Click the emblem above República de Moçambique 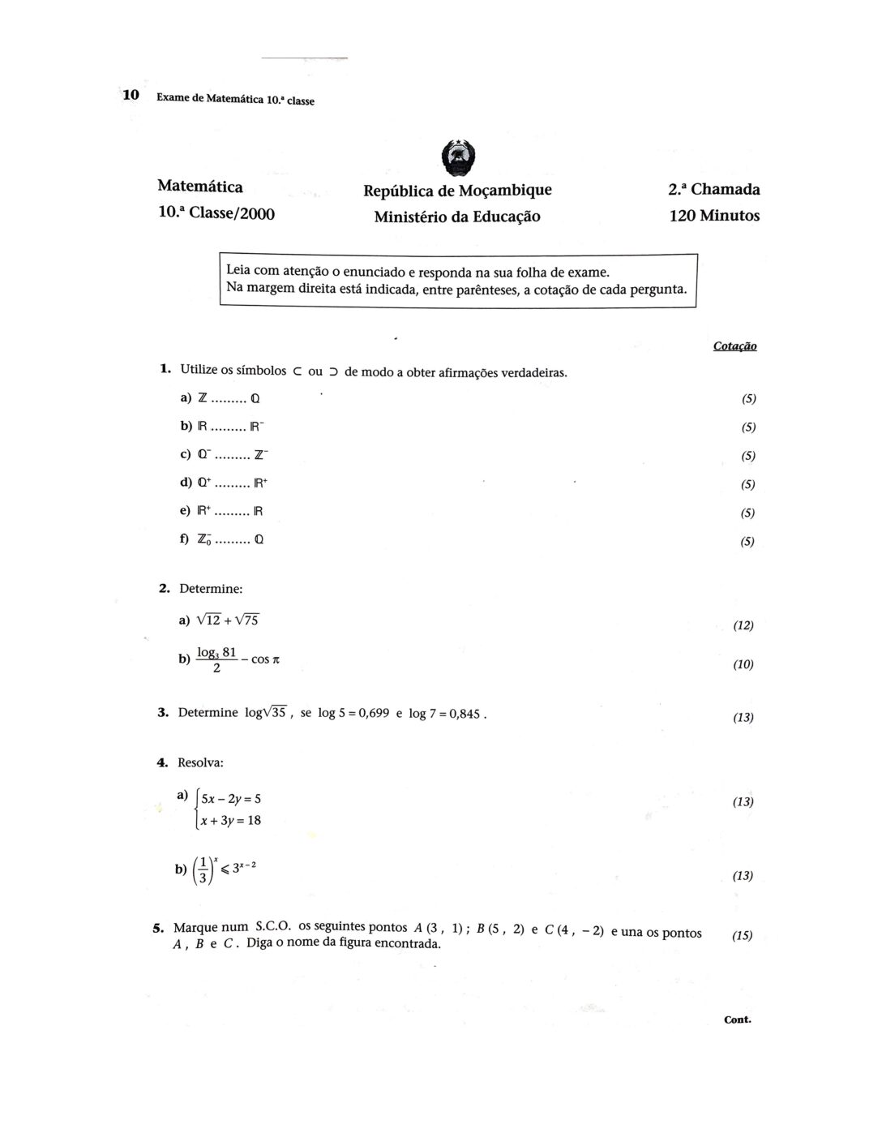point(457,158)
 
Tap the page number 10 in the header point(131,96)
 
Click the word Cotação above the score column point(734,346)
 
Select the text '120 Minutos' point(714,217)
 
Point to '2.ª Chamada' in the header point(713,190)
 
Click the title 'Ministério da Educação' point(457,217)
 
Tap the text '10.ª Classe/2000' point(216,214)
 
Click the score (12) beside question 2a point(743,626)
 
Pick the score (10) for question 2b point(743,665)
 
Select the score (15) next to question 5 point(743,936)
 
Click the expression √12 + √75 point(228,621)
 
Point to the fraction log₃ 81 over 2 point(217,660)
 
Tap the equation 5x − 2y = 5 point(231,798)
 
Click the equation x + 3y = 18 point(231,821)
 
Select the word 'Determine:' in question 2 point(211,589)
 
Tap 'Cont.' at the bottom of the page point(738,1020)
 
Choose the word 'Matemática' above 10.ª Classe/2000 point(200,187)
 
